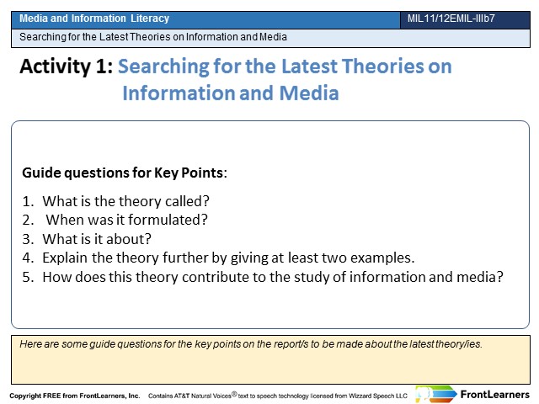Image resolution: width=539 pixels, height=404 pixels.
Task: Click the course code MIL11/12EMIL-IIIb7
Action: click(451, 19)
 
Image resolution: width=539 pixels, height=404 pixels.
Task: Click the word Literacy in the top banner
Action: click(150, 19)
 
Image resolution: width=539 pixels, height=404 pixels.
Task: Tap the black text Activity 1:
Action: click(67, 66)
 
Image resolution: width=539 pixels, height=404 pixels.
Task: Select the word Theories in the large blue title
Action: click(382, 66)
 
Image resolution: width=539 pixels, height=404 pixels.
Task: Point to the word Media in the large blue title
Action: click(309, 93)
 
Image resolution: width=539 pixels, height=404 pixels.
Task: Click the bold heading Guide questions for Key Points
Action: click(125, 173)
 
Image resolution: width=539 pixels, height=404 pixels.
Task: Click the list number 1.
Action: click(28, 201)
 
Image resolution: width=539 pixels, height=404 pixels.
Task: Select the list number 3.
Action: click(28, 239)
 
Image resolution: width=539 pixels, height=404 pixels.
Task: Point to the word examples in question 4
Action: click(382, 258)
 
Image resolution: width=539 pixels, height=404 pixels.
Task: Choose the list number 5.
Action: click(28, 277)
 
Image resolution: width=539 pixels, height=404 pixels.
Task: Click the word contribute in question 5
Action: click(216, 277)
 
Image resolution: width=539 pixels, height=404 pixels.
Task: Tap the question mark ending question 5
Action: click(499, 277)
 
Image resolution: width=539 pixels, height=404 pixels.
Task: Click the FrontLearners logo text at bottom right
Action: click(494, 395)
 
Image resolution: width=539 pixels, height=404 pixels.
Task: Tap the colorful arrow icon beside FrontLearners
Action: click(436, 394)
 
